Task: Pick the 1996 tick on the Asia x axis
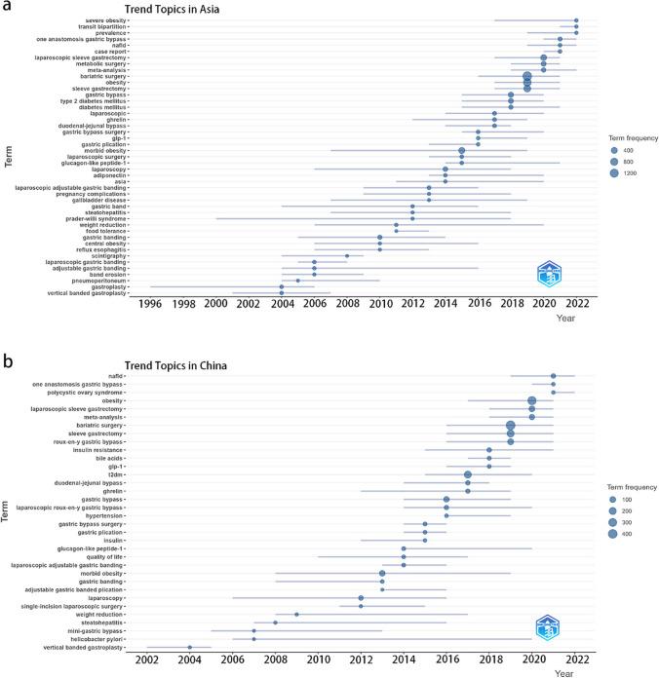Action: pos(150,304)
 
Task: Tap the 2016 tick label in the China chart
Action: pos(446,659)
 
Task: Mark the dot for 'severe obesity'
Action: pos(576,20)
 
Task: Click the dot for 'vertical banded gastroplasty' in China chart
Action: pos(189,647)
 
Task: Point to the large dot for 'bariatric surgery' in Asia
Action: pos(527,76)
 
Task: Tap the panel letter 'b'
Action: pos(8,360)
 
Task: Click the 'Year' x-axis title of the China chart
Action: pos(565,672)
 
